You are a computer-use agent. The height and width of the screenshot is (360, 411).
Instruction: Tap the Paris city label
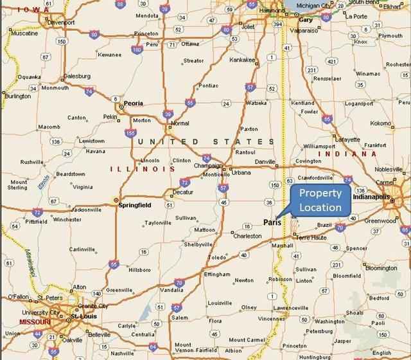tap(272, 222)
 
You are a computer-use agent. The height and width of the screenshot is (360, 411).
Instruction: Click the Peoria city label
tap(133, 103)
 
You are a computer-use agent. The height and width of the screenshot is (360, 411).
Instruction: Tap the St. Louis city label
tap(83, 316)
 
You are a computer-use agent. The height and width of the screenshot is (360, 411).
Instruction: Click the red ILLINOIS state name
tap(143, 168)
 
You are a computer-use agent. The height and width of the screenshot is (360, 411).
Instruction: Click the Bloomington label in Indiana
tap(380, 268)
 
